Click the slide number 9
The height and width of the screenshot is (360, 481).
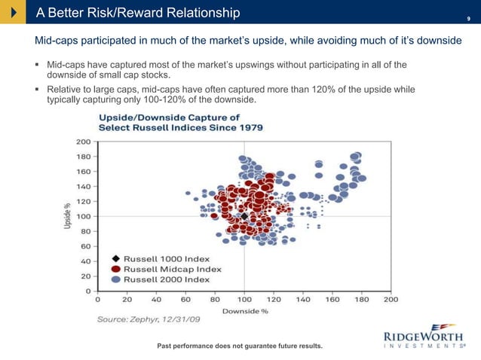point(468,14)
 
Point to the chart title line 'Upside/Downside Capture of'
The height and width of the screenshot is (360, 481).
point(170,117)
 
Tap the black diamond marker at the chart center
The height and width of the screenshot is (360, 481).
point(244,216)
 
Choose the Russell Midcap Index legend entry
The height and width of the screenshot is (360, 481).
point(173,269)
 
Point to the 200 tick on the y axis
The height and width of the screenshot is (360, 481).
point(84,142)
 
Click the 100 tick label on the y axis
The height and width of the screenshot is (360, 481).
point(84,216)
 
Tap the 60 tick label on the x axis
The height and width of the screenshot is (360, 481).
point(185,299)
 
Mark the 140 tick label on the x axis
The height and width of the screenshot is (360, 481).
point(303,299)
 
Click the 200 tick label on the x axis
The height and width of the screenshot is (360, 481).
point(391,299)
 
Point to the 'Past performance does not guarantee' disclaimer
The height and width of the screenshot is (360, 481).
point(239,346)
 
